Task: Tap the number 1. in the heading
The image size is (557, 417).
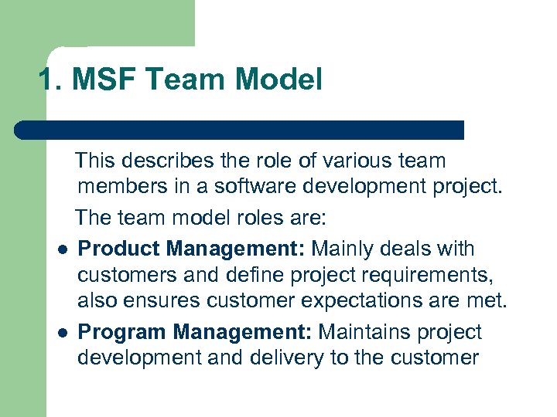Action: (x=53, y=80)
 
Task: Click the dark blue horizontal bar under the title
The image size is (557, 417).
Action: (x=240, y=130)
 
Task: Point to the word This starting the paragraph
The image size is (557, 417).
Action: (x=94, y=161)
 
